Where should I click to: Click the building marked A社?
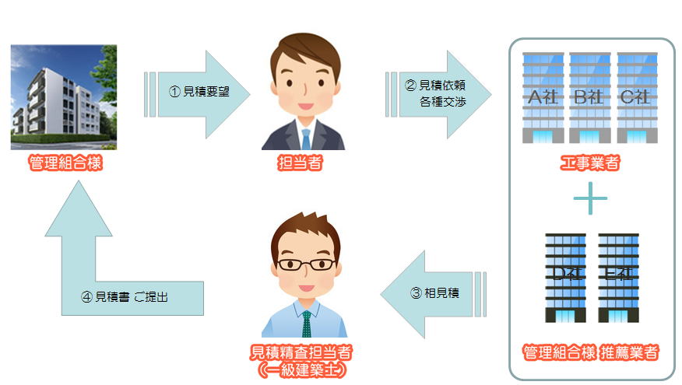(543, 97)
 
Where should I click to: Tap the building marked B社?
(589, 97)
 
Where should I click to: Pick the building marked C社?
(636, 97)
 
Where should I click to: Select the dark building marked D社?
(566, 276)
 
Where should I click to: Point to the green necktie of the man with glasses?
(307, 323)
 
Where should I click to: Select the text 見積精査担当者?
(301, 352)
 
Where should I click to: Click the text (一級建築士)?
(301, 370)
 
